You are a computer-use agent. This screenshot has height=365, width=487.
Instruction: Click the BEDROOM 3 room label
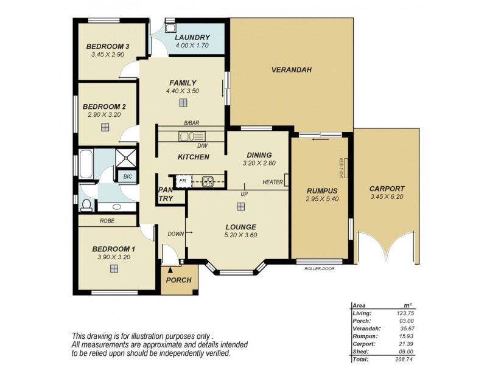coord(107,46)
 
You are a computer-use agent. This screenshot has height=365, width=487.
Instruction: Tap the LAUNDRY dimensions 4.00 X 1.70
coord(192,45)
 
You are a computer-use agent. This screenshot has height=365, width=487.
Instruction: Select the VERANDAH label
coord(291,70)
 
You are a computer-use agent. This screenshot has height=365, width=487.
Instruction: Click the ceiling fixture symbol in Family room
coord(183,103)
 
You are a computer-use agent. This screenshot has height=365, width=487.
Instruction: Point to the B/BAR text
coord(192,122)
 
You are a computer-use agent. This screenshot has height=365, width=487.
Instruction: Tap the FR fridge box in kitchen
coord(182,181)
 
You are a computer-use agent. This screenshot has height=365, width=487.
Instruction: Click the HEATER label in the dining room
coord(272,182)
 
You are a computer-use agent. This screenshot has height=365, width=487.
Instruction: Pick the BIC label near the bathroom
coord(127,176)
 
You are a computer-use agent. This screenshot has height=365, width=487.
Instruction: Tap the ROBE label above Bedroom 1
coord(107,221)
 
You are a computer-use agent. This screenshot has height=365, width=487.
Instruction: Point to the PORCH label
coord(178,280)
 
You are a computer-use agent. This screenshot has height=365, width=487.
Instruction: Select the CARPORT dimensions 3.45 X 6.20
coord(387,197)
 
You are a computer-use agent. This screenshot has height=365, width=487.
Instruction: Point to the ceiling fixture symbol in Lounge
coord(241,207)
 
